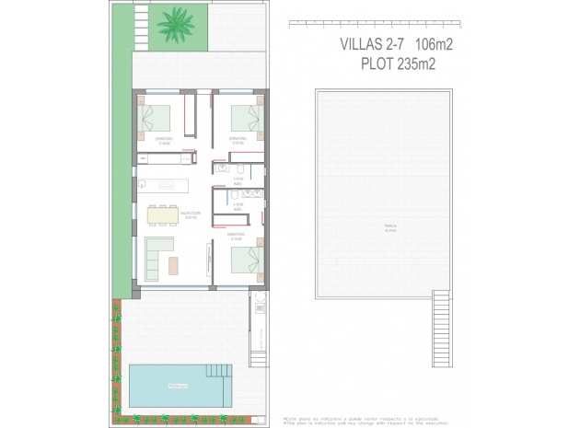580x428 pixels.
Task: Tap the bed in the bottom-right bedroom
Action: pos(245,260)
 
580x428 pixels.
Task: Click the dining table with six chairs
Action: pos(165,214)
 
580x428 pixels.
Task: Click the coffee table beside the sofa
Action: pos(174,265)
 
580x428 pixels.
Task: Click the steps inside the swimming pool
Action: pos(219,371)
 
